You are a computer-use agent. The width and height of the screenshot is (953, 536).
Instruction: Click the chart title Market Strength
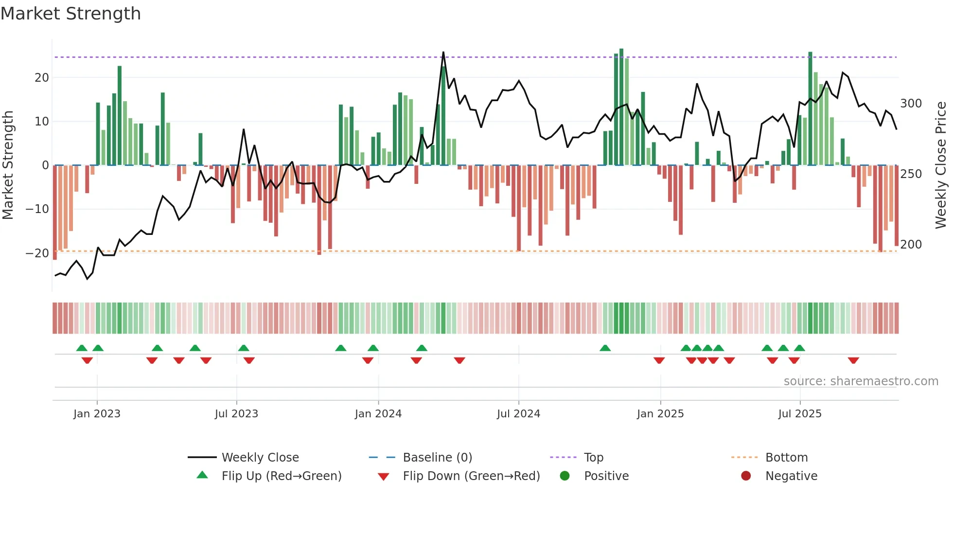(71, 14)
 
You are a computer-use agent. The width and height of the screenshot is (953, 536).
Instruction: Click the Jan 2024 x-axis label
(378, 414)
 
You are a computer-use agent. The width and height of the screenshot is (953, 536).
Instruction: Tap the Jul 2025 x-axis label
(799, 414)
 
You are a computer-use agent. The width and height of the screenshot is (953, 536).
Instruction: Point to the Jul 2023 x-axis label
(236, 414)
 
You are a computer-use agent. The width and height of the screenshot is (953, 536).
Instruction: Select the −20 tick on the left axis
(37, 253)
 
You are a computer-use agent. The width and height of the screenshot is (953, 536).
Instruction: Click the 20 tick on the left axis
(41, 78)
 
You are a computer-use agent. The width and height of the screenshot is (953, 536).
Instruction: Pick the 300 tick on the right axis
(911, 104)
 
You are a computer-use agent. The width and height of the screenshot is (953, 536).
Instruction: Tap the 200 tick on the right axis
(911, 245)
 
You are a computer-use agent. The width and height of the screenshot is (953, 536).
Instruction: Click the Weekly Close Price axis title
(941, 165)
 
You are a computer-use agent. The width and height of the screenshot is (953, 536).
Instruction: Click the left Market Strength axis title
(8, 165)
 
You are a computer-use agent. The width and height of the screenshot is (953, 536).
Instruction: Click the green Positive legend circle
(565, 476)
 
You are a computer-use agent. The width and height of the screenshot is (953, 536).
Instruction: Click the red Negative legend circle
(746, 476)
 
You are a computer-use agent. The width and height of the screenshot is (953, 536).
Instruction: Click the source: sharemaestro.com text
(861, 381)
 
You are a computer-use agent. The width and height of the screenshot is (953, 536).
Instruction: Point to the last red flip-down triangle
(853, 360)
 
